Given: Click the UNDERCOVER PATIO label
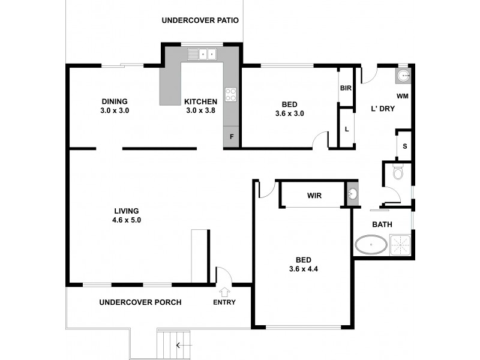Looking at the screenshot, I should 200,20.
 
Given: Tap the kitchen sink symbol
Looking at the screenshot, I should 203,55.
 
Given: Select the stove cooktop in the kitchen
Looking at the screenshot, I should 231,94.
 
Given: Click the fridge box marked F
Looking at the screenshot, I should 231,137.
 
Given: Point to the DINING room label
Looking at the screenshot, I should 115,106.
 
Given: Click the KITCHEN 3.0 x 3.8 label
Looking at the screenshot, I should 200,106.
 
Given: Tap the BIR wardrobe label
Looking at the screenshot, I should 345,88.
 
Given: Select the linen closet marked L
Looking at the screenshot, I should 346,128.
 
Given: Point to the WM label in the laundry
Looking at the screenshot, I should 402,96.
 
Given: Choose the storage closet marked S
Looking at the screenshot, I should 404,146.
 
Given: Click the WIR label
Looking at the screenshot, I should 314,196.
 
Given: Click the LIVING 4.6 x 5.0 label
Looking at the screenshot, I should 127,215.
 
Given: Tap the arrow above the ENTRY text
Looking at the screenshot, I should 224,292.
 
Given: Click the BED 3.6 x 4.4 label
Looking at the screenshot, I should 303,264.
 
